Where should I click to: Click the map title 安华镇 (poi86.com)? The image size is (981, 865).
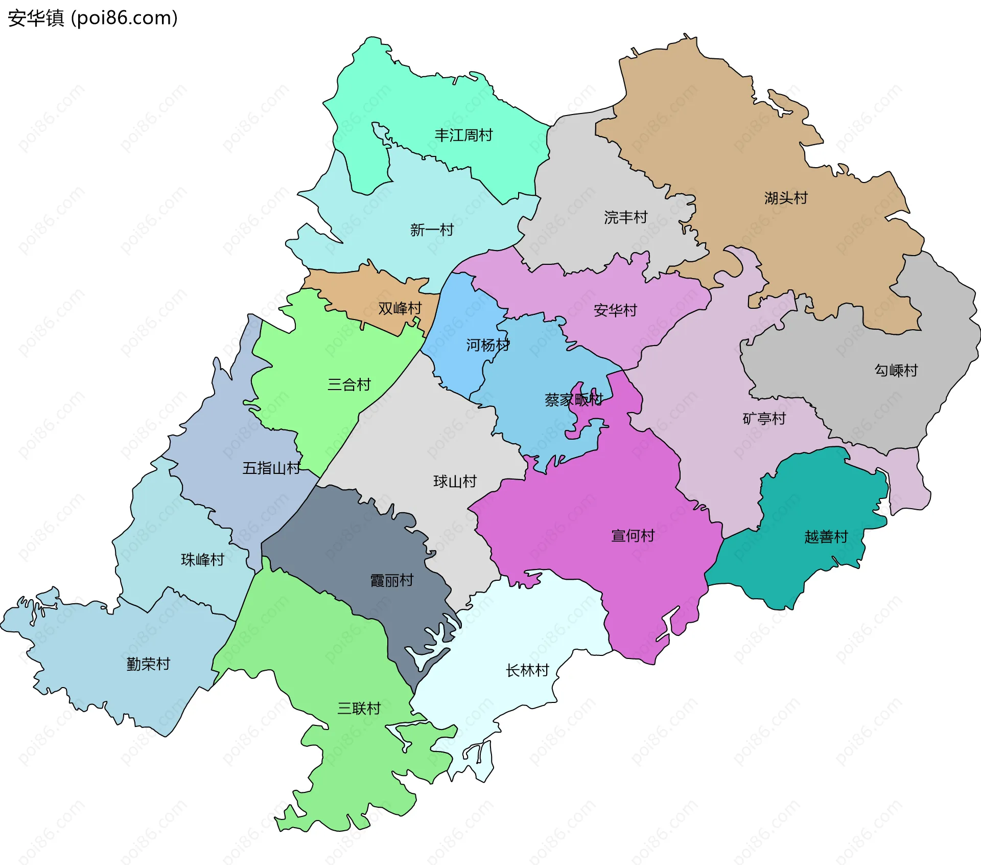click(x=92, y=18)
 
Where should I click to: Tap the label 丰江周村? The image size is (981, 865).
click(x=463, y=135)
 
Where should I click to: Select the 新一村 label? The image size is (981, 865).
click(x=432, y=230)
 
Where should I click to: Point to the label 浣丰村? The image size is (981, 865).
click(x=625, y=218)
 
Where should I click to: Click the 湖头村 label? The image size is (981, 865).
click(x=785, y=198)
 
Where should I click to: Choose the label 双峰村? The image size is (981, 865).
click(x=400, y=308)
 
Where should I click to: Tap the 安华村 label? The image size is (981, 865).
click(x=615, y=310)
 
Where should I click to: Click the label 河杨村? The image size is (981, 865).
click(x=487, y=346)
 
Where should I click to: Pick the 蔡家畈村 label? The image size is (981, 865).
click(x=573, y=400)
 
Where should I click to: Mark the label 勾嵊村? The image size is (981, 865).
click(x=896, y=370)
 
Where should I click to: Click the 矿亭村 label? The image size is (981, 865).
click(x=764, y=419)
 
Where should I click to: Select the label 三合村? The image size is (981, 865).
click(x=349, y=384)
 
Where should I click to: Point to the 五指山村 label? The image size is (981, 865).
click(x=271, y=468)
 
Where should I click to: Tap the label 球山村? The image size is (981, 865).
click(x=455, y=482)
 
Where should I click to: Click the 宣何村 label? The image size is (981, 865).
click(x=633, y=536)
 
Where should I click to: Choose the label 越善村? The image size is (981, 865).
click(x=826, y=537)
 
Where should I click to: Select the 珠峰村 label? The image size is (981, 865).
click(x=202, y=560)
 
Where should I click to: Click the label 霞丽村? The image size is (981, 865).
click(x=391, y=581)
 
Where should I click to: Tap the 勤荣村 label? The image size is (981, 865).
click(x=148, y=664)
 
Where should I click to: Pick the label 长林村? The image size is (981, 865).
click(x=527, y=670)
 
